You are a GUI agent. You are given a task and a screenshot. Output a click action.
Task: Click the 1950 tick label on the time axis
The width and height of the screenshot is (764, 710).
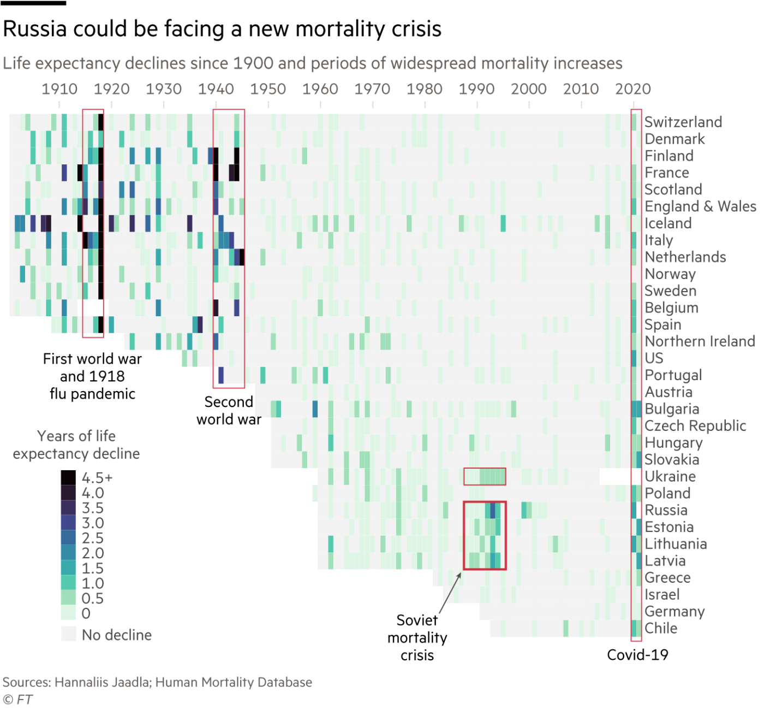click(x=267, y=89)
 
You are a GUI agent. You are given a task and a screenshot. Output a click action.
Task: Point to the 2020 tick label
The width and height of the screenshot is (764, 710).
click(x=632, y=89)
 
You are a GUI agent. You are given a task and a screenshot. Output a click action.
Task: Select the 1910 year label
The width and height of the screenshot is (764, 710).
click(x=59, y=89)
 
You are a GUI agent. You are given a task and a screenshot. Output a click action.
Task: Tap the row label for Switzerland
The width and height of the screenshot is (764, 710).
click(x=683, y=122)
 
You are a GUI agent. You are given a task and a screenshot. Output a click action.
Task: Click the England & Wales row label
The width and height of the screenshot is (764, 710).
click(x=700, y=206)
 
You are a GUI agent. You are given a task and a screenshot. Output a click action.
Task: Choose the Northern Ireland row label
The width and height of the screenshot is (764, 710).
click(x=700, y=341)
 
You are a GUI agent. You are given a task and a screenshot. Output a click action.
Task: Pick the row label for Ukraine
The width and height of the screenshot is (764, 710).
click(x=670, y=476)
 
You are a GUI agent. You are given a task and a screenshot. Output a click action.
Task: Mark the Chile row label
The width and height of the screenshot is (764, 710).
click(x=660, y=628)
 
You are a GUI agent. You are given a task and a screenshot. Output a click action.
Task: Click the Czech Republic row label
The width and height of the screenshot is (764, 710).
click(x=695, y=426)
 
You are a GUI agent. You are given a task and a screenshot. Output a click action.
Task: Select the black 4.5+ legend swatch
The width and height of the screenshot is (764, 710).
click(x=68, y=477)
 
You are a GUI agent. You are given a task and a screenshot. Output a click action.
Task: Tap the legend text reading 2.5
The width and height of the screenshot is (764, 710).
click(x=92, y=538)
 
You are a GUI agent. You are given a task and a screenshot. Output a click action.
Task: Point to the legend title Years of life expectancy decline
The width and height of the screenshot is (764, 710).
click(x=76, y=445)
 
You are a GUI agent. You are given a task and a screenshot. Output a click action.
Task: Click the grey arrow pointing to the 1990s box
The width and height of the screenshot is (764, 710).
click(x=450, y=593)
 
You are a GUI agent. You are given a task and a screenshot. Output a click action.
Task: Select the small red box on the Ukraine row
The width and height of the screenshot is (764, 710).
click(x=485, y=476)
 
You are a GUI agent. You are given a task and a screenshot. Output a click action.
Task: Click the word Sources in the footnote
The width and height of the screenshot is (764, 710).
click(x=26, y=682)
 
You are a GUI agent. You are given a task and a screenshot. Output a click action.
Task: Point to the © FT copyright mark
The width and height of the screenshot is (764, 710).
click(x=17, y=700)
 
